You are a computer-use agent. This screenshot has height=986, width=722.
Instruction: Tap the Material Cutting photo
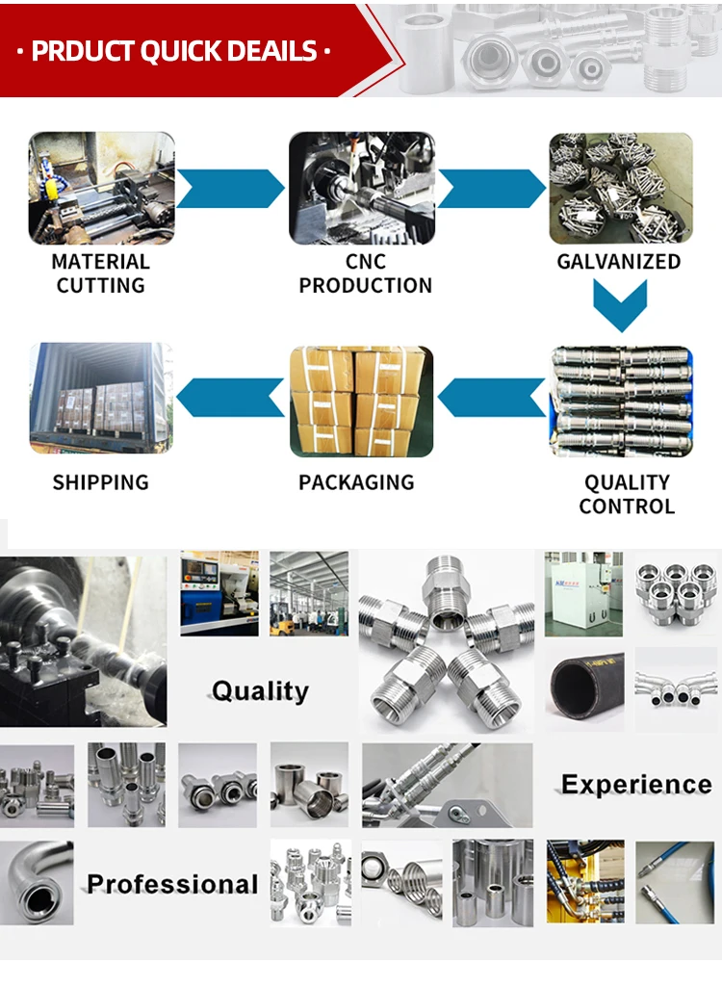click(102, 188)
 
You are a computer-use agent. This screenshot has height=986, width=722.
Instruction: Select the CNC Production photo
click(362, 188)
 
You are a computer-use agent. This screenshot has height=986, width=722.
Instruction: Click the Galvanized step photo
click(621, 188)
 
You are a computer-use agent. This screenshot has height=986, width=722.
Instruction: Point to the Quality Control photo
click(621, 401)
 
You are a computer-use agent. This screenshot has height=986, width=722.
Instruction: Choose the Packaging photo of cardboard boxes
click(362, 401)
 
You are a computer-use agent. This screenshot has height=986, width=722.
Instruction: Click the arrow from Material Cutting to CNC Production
click(231, 189)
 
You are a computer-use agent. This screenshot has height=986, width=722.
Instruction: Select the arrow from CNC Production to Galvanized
click(491, 189)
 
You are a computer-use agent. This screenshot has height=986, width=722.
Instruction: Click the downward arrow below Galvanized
click(620, 306)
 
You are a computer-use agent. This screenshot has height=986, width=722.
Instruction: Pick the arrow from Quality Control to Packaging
click(492, 398)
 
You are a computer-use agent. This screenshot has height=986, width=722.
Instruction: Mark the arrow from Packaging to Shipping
click(231, 398)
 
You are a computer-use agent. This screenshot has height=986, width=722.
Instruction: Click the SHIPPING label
click(101, 482)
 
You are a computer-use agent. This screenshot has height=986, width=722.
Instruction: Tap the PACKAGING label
click(356, 482)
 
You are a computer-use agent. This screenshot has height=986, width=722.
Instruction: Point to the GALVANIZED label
click(619, 262)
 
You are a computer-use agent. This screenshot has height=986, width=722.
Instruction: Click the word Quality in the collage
click(260, 691)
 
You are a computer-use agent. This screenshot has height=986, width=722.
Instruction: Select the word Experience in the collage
click(636, 785)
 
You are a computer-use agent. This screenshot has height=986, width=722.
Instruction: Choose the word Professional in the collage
click(172, 884)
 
